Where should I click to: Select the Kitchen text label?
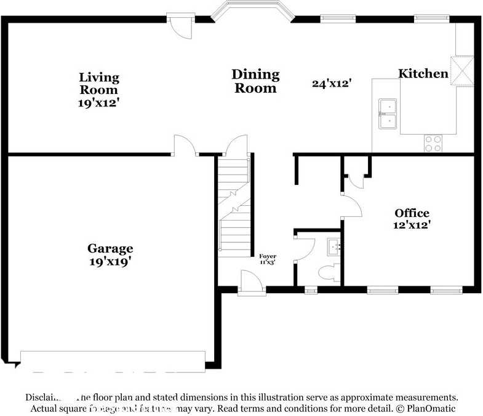[423, 74]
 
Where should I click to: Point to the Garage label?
[110, 249]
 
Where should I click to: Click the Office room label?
[412, 213]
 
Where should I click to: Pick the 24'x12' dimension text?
[331, 84]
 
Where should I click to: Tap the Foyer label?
[267, 256]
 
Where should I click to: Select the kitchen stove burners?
[433, 143]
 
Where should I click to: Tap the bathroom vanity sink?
[333, 247]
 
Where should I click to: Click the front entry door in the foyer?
[252, 283]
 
